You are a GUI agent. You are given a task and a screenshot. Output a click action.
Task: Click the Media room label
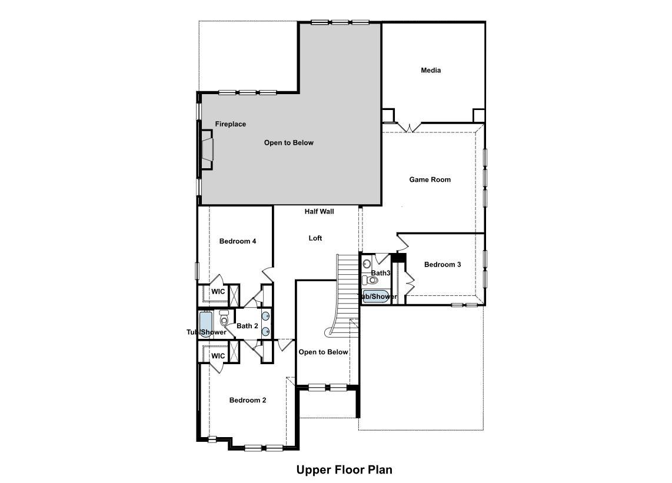pos(431,71)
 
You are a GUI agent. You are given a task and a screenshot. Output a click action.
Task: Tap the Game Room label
pos(430,179)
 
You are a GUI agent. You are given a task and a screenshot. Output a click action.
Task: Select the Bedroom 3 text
pos(443,265)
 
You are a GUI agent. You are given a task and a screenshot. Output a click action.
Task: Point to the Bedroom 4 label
pos(237,241)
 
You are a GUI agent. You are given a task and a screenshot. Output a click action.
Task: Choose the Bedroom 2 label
pos(247,400)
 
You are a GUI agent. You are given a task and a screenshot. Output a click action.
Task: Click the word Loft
pos(315,238)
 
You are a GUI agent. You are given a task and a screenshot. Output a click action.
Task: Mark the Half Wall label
pos(319,211)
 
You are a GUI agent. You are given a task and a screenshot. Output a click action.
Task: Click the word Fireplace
pos(230,124)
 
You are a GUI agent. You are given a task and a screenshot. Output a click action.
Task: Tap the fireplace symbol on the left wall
pos(207,150)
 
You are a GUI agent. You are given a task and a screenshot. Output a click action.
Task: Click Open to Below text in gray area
pos(288,143)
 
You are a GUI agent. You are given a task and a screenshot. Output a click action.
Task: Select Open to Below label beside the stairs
pos(323,352)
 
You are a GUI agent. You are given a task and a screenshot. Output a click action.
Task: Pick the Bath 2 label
pos(247,326)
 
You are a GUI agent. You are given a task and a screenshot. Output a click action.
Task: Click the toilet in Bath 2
pos(224,321)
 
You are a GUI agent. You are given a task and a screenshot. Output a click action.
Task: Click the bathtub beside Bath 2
pos(205,324)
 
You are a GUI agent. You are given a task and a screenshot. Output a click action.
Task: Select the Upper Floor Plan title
pos(344,469)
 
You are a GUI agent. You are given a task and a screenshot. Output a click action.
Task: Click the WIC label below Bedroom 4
pos(218,292)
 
